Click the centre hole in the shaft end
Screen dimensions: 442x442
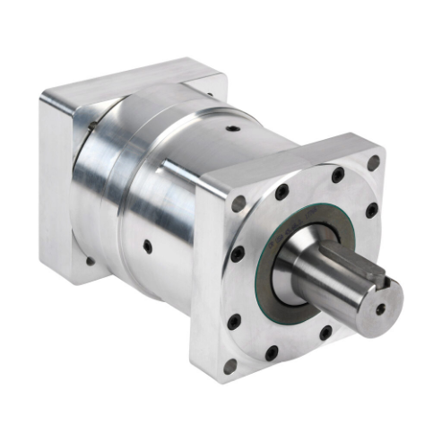[380, 308]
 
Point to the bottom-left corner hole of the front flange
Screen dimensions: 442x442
[230, 366]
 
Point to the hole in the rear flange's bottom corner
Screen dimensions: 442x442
[90, 261]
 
